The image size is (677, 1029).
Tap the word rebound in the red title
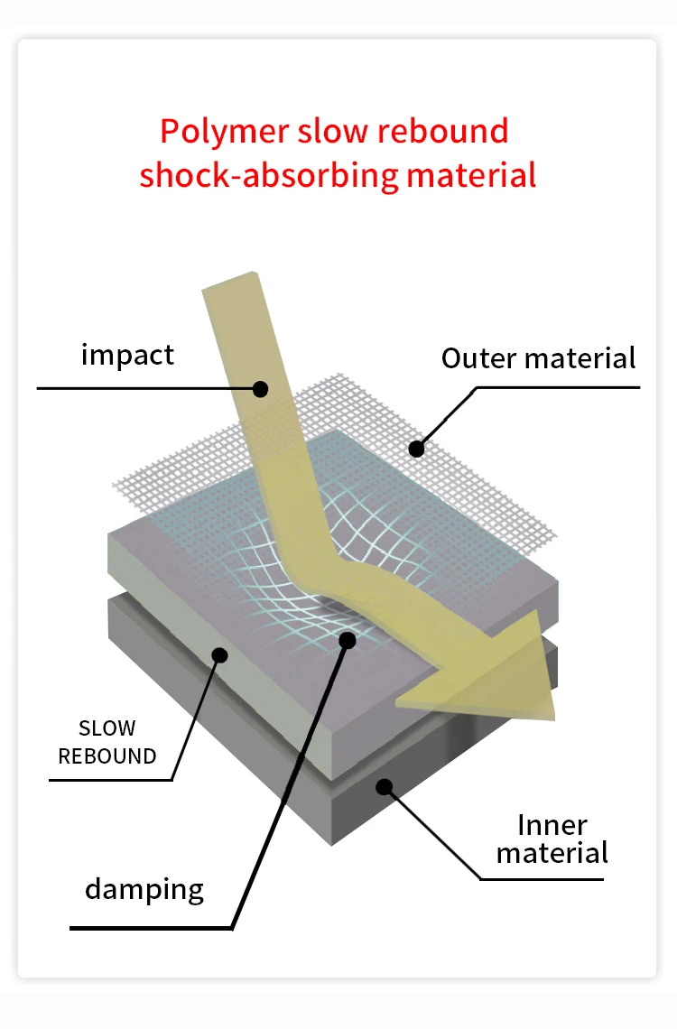click(442, 132)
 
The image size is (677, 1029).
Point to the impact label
click(127, 355)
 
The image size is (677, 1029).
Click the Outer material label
click(538, 358)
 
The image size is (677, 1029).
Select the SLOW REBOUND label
click(107, 742)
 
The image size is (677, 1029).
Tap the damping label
click(144, 889)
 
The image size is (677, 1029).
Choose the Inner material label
click(552, 839)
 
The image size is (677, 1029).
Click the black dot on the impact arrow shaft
click(261, 389)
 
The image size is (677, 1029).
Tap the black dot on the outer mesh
click(416, 447)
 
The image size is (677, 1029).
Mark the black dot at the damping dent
click(348, 639)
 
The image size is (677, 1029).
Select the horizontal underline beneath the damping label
click(149, 927)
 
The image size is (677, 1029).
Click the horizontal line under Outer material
click(560, 388)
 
